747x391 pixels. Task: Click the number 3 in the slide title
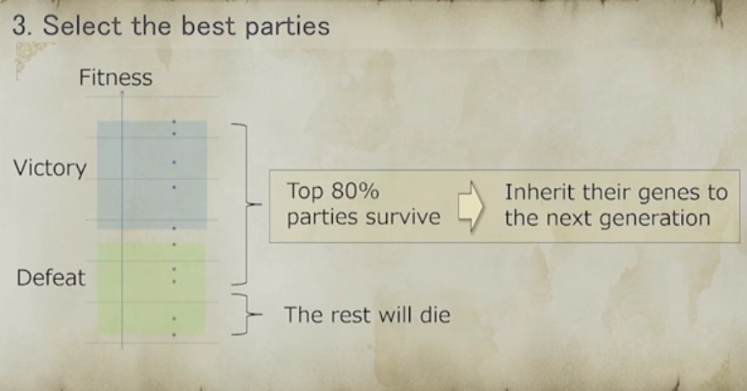pos(19,25)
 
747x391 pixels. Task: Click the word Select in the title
pos(82,25)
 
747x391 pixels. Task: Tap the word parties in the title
pos(287,27)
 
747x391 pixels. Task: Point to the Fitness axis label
pos(115,77)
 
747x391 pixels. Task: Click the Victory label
pos(50,168)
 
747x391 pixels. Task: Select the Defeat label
pos(51,278)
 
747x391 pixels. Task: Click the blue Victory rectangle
pos(152,175)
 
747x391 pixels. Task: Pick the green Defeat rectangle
pos(151,289)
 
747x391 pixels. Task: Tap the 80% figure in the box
pos(355,191)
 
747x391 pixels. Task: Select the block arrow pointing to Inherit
pos(471,206)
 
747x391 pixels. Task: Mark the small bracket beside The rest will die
pos(247,314)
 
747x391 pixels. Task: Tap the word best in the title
pos(208,25)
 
